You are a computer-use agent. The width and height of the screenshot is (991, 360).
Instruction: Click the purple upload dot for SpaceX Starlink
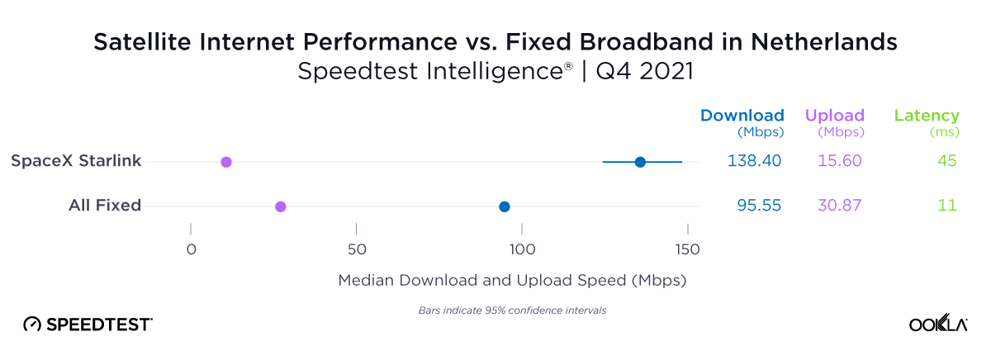226,162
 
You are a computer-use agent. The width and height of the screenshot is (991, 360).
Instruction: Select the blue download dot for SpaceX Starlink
640,162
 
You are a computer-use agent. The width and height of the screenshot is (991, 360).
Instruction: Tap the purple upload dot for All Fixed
281,206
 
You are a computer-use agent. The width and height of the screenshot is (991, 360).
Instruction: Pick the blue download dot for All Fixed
505,206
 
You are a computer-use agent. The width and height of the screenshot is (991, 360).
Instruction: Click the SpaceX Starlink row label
76,161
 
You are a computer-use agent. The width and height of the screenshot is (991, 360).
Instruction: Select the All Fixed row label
105,206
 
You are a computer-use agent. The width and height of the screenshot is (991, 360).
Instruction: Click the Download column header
742,116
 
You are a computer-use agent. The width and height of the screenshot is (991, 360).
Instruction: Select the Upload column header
834,116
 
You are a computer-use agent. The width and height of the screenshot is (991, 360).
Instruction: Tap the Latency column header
927,116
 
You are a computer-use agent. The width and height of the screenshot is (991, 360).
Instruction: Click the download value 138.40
754,161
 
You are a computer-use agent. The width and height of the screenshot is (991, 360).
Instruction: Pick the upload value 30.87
839,206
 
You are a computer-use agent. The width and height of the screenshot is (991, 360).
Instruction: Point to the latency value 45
946,161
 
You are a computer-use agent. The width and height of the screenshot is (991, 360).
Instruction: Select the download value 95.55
759,206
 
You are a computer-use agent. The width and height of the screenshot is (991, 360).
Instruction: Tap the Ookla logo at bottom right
938,324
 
